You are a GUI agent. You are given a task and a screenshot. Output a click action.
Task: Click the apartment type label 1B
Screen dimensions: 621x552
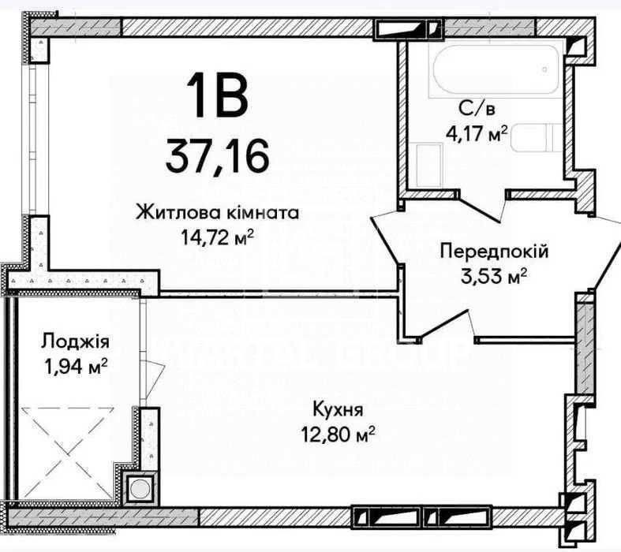pos(218,96)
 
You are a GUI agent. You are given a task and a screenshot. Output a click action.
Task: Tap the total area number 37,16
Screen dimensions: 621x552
pos(218,156)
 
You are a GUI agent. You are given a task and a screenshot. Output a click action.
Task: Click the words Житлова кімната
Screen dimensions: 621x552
pos(218,213)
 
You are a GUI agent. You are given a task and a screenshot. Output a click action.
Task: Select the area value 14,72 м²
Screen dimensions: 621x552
pos(218,237)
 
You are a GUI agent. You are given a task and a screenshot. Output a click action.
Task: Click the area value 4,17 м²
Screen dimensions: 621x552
pos(477,133)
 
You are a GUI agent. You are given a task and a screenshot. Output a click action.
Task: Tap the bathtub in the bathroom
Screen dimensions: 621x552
pos(495,70)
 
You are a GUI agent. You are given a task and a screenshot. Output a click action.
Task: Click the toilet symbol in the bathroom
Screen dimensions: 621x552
pos(536,137)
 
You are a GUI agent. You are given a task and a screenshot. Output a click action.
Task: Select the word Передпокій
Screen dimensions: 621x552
pos(494,252)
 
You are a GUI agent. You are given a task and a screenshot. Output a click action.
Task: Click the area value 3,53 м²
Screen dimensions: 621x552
pos(493,276)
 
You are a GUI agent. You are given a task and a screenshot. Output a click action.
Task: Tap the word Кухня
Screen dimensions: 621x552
pos(338,409)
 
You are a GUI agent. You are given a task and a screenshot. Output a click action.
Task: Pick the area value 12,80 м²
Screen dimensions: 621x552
pos(338,435)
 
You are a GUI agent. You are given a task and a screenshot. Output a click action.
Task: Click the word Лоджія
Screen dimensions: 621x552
pos(75,341)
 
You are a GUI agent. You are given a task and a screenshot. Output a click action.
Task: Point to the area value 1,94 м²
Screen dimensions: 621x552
pos(76,367)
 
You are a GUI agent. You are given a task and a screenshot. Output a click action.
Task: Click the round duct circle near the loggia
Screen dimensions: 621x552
pos(140,489)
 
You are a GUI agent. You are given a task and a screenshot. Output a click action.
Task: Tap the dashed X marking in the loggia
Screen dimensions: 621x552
pos(67,454)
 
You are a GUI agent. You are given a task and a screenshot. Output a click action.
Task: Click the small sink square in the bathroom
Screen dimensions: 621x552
pos(429,166)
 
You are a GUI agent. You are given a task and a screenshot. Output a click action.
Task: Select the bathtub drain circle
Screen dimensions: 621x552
pos(545,70)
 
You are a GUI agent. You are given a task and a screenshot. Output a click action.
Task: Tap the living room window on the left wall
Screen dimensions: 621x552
pos(35,140)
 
